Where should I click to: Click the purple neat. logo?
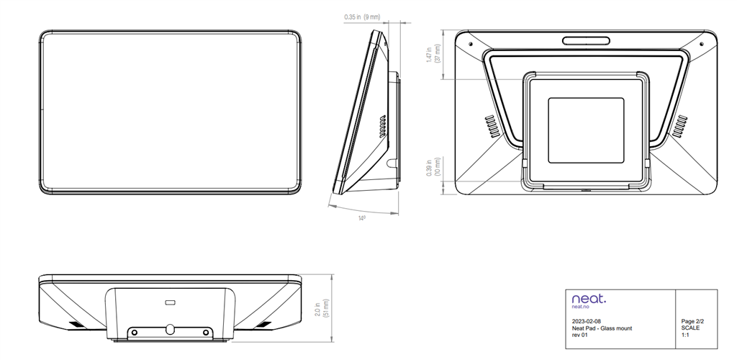point(589,297)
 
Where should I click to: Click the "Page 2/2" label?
point(692,321)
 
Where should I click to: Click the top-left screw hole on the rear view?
point(471,43)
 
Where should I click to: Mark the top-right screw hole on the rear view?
point(703,43)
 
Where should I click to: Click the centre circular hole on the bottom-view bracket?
point(170,328)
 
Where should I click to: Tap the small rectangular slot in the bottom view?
point(171,301)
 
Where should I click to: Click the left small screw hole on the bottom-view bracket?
point(133,332)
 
